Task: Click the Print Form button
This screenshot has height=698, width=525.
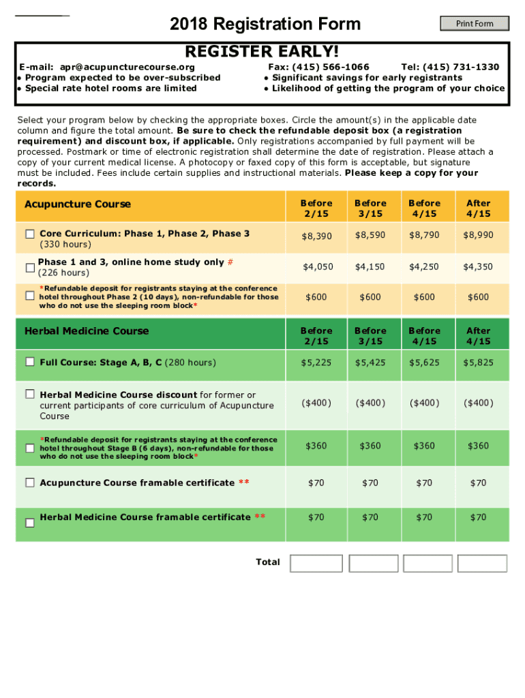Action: [475, 24]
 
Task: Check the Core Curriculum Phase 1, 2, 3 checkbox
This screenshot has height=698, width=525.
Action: [30, 234]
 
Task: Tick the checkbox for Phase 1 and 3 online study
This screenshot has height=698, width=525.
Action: [30, 267]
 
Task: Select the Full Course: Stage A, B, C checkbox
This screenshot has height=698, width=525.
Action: [30, 362]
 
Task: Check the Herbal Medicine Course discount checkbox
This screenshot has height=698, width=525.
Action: [30, 394]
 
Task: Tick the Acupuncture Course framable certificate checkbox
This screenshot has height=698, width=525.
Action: [30, 483]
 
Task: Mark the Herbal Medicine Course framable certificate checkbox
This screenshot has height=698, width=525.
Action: [30, 522]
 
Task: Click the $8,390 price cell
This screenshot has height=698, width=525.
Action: [316, 236]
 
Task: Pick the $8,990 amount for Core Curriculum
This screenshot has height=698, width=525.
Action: [478, 235]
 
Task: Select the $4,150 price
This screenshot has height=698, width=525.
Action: [370, 267]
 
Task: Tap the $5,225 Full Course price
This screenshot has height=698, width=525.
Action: [316, 363]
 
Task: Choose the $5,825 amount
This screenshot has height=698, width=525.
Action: [478, 363]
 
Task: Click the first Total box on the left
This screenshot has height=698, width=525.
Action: [316, 563]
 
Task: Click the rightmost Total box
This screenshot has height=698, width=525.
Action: [482, 563]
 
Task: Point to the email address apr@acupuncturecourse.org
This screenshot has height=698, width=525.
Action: [127, 67]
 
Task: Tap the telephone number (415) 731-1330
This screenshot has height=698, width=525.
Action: [461, 67]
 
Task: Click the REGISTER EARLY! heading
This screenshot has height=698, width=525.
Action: [262, 52]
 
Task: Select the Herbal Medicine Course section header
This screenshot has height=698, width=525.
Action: [87, 331]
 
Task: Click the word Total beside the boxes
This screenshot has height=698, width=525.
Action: [268, 562]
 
